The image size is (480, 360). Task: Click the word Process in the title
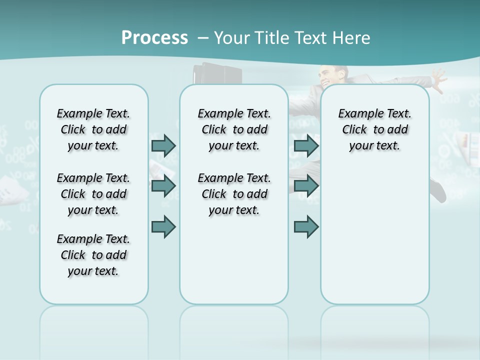[x=154, y=37]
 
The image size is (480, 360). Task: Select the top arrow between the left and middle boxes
[x=163, y=145]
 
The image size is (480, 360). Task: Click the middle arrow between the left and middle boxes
[x=163, y=186]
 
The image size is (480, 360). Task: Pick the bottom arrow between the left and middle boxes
[x=163, y=227]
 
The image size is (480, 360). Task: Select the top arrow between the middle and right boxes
[x=306, y=145]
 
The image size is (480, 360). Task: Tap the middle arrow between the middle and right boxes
[x=306, y=186]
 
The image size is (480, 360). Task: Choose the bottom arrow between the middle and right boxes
[x=306, y=227]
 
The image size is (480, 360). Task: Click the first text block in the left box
[x=93, y=129]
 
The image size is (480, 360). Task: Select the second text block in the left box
[x=93, y=194]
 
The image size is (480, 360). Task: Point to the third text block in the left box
[x=93, y=255]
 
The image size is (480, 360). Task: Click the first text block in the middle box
[x=234, y=129]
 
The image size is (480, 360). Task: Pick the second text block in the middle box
[x=234, y=194]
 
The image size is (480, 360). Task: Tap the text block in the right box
[x=374, y=129]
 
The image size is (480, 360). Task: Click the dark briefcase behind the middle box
[x=218, y=75]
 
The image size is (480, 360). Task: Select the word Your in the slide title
[x=230, y=37]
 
